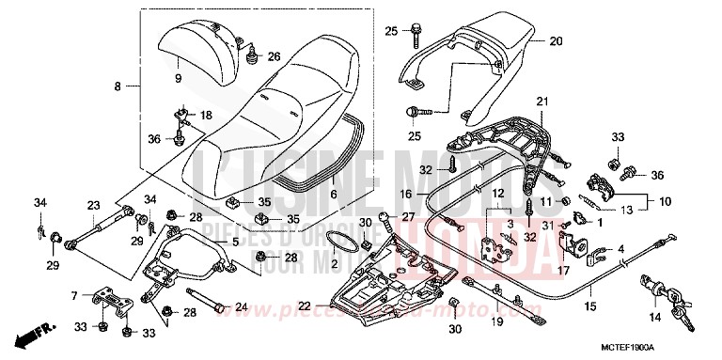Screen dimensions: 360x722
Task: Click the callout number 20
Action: (x=555, y=41)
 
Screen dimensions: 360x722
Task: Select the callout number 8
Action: (x=118, y=86)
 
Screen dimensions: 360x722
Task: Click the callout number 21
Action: (x=541, y=101)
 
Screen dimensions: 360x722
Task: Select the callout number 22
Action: (x=303, y=305)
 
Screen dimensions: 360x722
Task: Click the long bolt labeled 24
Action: (x=212, y=305)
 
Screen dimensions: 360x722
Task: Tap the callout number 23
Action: (x=93, y=206)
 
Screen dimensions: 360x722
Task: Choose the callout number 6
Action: (x=333, y=195)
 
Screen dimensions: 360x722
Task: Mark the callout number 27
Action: (x=407, y=216)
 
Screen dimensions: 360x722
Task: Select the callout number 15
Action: (x=590, y=306)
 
